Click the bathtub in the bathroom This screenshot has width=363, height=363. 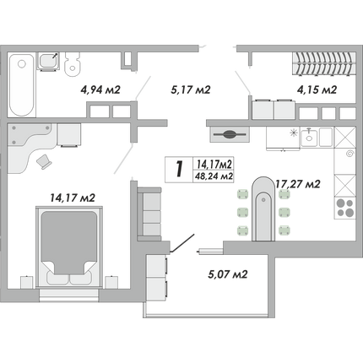click(x=21, y=84)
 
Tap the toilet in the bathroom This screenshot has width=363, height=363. click(x=73, y=64)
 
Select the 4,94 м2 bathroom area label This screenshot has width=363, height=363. click(x=100, y=89)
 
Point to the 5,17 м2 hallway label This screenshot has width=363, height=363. click(x=191, y=89)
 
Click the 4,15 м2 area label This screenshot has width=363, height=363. click(x=317, y=89)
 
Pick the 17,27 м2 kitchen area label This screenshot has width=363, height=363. click(x=297, y=184)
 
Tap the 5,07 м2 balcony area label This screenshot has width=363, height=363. click(x=228, y=274)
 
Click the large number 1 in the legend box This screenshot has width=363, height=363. click(x=179, y=169)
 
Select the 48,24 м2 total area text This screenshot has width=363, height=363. click(x=214, y=176)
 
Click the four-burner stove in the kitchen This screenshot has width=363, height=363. click(x=345, y=208)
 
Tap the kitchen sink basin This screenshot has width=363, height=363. click(x=309, y=137)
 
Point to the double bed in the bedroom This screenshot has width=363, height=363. click(x=69, y=247)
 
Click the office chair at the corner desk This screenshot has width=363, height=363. click(x=44, y=162)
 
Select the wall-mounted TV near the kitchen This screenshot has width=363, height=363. click(x=230, y=134)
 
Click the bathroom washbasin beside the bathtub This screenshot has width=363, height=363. click(x=48, y=61)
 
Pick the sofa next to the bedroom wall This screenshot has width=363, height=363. click(x=149, y=214)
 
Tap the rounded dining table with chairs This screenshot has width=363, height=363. click(x=263, y=209)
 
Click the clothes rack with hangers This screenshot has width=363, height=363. click(x=324, y=64)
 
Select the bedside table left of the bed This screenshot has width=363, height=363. click(x=27, y=282)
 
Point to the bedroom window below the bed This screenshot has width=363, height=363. click(x=69, y=295)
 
